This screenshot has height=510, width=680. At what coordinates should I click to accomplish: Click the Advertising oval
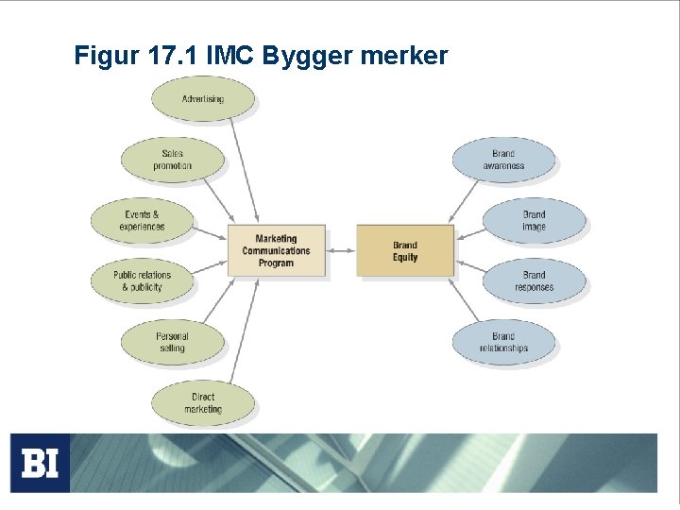click(202, 98)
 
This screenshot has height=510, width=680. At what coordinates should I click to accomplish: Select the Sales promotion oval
click(172, 160)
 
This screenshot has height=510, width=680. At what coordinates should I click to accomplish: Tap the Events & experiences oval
click(142, 220)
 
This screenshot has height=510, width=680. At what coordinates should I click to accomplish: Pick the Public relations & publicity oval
click(142, 280)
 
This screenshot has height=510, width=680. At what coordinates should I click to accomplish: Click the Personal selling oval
click(172, 342)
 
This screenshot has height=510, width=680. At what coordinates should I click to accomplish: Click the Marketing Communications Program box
click(276, 250)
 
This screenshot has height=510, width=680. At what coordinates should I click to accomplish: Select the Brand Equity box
click(404, 250)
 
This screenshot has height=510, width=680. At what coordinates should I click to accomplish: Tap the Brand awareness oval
click(503, 160)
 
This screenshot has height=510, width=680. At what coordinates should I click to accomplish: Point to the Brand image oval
click(534, 220)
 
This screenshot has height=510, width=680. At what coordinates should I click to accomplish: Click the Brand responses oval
click(534, 280)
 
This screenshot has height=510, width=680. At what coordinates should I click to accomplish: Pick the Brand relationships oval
click(503, 342)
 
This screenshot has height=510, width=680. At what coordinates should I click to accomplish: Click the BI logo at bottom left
click(40, 463)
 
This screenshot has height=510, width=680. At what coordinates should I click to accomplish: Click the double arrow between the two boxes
click(341, 250)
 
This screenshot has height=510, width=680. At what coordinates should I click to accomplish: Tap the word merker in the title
click(403, 57)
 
